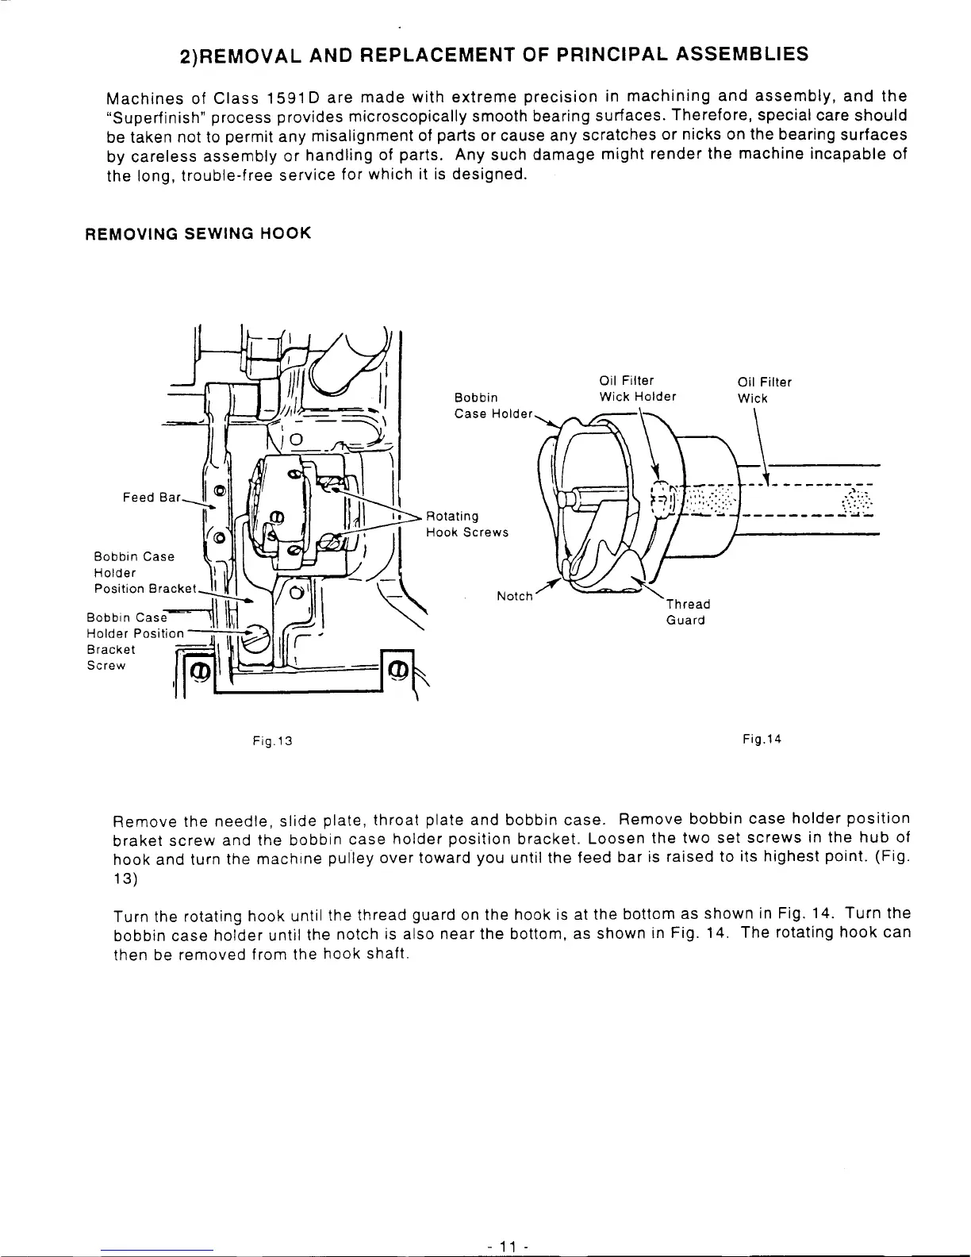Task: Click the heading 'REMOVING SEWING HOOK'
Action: [x=198, y=233]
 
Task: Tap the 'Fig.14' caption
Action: [x=762, y=740]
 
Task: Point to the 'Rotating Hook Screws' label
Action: [x=466, y=525]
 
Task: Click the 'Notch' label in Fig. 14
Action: [x=514, y=596]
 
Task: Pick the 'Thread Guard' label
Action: [x=687, y=612]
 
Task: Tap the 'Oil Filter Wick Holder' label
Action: [x=638, y=389]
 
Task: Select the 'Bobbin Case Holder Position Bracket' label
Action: [x=143, y=572]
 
